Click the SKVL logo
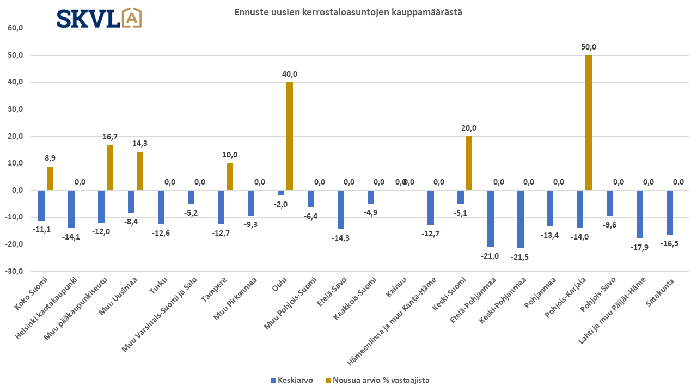99,18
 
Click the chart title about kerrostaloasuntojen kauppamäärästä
348,12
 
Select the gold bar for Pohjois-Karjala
589,122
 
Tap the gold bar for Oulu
289,136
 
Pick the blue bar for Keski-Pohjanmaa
520,219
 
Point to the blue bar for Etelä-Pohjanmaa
490,218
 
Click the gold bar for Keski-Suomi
469,163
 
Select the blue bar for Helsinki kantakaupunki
71,209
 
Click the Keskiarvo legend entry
291,381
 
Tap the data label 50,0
589,47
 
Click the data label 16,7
110,137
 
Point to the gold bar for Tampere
229,176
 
